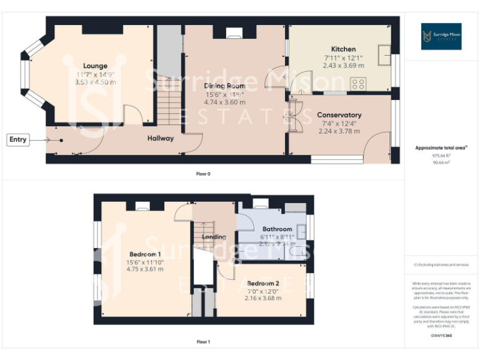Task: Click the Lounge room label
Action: [96, 66]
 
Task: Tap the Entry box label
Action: [18, 139]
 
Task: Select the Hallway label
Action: [161, 138]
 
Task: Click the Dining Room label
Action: [225, 86]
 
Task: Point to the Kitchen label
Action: [343, 49]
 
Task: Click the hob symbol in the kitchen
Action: [358, 84]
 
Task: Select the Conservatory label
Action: [339, 115]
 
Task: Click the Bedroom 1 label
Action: [145, 254]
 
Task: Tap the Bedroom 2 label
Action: [262, 282]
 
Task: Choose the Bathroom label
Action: [277, 229]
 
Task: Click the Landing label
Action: [214, 237]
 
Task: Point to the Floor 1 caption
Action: [203, 342]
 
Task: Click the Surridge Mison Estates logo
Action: [441, 36]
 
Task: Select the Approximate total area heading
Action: [441, 148]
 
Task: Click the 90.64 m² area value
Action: [441, 162]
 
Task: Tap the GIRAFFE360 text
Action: [441, 336]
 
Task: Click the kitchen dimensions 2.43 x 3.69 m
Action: [342, 65]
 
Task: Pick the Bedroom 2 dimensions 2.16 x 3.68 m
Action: [262, 299]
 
